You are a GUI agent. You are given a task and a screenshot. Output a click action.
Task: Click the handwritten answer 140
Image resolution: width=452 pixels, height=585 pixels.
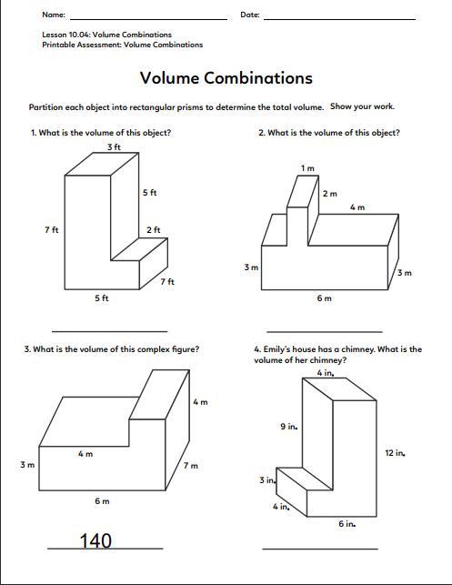coord(95,540)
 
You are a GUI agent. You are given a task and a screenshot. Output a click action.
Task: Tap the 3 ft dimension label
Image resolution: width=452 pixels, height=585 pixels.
coord(114,147)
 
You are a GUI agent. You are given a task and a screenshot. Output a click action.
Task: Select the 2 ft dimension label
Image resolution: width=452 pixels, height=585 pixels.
coord(154,229)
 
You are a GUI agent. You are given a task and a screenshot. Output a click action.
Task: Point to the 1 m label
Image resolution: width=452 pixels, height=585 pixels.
coord(307,168)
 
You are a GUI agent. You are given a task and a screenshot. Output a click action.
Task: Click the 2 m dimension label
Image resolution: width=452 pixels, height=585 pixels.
coord(329,194)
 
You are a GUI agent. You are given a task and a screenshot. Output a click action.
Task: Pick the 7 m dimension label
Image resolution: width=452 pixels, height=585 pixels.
coord(191,465)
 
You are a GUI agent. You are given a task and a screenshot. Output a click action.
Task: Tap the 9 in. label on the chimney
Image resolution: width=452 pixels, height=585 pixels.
coord(289,426)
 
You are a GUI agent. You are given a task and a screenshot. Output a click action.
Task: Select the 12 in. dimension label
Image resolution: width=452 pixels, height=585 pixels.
coord(396,453)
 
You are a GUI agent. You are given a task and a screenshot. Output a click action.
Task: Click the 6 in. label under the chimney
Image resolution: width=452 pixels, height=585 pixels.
coord(347,524)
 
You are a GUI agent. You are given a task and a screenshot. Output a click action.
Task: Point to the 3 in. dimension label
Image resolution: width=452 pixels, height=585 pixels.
coord(267,479)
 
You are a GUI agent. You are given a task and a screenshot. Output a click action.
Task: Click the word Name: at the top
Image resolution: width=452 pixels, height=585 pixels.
coord(54,15)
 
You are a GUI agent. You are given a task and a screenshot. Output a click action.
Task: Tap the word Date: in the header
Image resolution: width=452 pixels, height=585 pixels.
coord(250,15)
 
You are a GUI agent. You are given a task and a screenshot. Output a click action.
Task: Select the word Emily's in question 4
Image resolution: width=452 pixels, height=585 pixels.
coord(276,349)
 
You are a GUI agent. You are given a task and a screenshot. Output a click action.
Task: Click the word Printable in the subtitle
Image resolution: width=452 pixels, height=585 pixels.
coord(57,45)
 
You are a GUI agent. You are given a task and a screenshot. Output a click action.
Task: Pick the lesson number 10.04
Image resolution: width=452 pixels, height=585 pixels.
coord(79,35)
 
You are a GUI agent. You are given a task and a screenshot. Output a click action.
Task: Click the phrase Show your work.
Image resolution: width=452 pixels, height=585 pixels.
coord(362,106)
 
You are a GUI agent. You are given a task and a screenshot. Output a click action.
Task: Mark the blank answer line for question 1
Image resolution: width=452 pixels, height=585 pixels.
coord(110,331)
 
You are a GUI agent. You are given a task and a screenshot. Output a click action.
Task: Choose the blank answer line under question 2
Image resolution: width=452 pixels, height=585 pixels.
coord(325,331)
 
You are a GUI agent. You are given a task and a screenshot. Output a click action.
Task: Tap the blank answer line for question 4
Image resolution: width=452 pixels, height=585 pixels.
coord(320,549)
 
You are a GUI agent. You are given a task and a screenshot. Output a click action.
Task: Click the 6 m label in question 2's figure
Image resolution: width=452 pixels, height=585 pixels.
coord(324,298)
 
